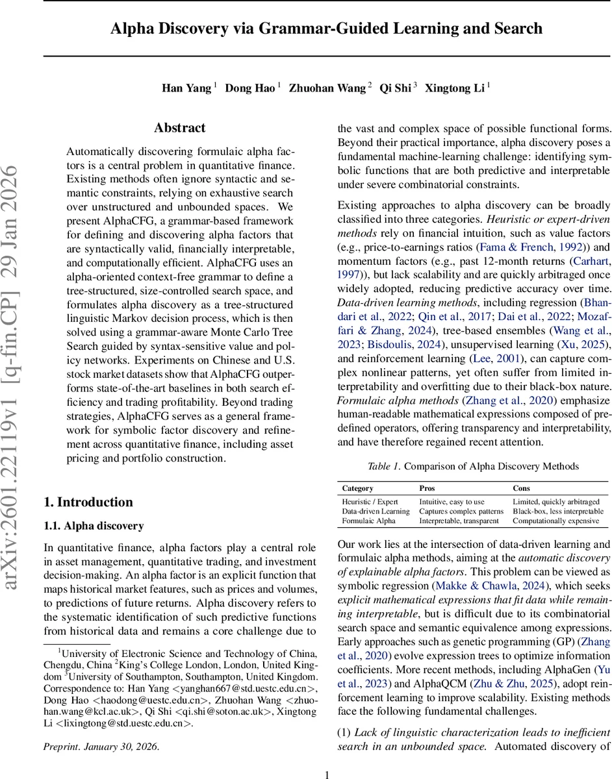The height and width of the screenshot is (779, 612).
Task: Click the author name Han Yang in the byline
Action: click(x=186, y=88)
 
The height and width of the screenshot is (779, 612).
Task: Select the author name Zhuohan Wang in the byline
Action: click(x=327, y=88)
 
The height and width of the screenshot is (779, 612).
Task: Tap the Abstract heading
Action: click(x=179, y=128)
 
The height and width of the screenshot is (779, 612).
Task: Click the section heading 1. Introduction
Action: click(x=88, y=502)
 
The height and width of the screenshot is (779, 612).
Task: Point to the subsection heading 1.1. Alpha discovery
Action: click(x=94, y=526)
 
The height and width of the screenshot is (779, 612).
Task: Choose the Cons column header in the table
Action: click(x=521, y=488)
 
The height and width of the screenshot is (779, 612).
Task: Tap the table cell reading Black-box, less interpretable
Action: click(x=558, y=511)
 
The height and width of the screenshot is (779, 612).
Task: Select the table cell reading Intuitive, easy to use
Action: click(x=452, y=501)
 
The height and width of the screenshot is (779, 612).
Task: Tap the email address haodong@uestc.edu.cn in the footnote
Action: click(x=150, y=700)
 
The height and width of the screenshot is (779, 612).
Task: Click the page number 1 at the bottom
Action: click(x=327, y=774)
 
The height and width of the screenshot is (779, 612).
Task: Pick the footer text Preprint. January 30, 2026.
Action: click(x=101, y=747)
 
